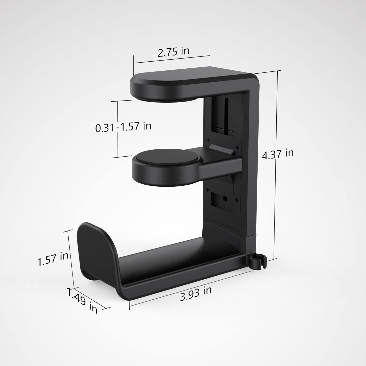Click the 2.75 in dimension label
click(173, 52)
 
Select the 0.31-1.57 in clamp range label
click(123, 127)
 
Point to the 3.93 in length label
click(196, 293)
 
